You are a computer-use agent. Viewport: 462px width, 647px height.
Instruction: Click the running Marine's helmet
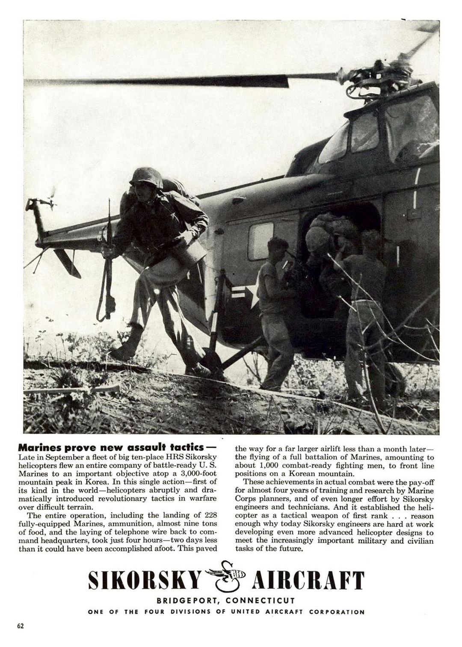(x=147, y=177)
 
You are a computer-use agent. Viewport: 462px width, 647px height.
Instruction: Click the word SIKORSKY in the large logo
(x=144, y=580)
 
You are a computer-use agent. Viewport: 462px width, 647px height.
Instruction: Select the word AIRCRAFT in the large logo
(x=308, y=580)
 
